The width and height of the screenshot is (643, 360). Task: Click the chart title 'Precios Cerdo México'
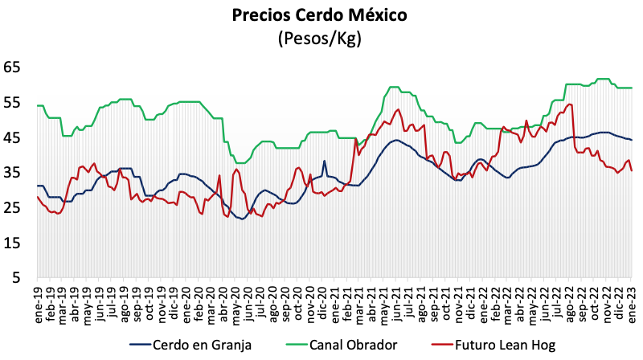(320, 14)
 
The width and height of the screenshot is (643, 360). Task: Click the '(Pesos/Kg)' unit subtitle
(320, 37)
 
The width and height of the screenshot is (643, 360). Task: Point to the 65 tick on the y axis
(13, 67)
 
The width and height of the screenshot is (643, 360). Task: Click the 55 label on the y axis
(13, 103)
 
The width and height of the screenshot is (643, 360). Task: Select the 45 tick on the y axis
(13, 138)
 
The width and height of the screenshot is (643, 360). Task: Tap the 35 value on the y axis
(13, 173)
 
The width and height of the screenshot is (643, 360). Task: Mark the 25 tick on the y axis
(13, 208)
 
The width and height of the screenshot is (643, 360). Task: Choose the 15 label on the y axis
(13, 243)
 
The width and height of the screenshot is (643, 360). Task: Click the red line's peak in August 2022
(569, 104)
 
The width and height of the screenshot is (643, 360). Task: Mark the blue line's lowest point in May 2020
(242, 219)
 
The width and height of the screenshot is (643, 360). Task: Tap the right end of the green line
(631, 88)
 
